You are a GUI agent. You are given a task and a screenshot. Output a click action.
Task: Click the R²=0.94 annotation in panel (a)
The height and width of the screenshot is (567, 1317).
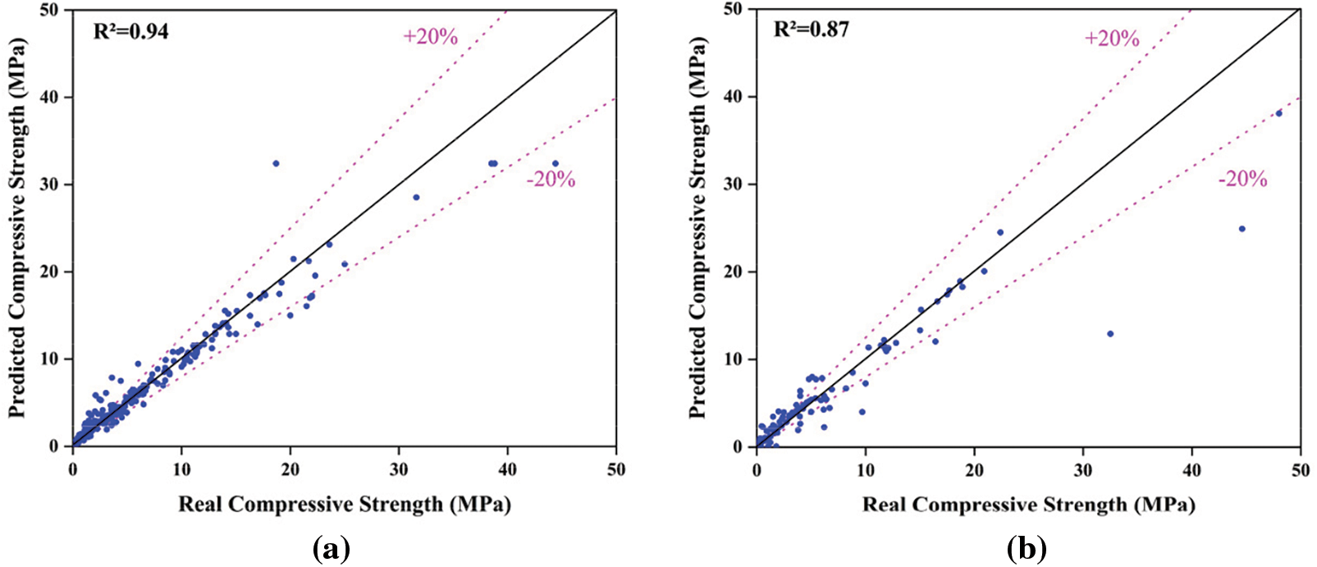pos(132,33)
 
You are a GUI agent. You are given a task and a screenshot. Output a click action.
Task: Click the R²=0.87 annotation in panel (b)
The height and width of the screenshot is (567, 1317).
pos(812,30)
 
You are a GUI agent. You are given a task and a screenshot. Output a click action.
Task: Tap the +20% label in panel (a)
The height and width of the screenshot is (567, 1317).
pos(430,37)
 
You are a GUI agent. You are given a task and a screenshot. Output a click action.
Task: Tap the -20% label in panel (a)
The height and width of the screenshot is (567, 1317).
pos(551,180)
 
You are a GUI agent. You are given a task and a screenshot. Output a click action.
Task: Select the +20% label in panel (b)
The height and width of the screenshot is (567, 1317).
pos(1112,39)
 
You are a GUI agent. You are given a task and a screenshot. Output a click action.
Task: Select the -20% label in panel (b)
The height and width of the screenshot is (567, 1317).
pos(1242,180)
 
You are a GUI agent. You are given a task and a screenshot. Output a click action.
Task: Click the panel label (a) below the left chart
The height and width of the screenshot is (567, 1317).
pos(332,549)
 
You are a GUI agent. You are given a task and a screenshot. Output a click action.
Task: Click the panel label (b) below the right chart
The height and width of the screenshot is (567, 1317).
pos(1027,549)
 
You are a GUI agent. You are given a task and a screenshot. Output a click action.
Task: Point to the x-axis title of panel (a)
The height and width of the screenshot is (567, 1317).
pos(345,504)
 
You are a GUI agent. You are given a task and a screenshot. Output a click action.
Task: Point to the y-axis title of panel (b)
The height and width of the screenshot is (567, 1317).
pos(698,227)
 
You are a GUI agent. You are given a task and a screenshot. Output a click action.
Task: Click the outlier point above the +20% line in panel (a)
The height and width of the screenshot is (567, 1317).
pos(276,163)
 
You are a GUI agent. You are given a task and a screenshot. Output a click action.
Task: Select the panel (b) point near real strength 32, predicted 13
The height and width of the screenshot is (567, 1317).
pos(1110,334)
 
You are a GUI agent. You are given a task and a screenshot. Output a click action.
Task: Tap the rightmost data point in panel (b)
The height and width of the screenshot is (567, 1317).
pos(1278,113)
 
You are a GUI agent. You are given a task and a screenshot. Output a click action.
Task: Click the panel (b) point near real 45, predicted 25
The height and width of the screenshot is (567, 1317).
pos(1242,229)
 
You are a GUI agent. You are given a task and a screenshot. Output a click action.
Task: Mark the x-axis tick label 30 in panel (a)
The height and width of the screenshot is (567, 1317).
pos(399,470)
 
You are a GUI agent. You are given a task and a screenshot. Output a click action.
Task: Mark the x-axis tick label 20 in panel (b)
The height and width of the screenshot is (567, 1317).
pos(974,470)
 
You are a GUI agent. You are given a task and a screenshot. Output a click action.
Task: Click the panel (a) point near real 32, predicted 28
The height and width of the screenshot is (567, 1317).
pos(416,197)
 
